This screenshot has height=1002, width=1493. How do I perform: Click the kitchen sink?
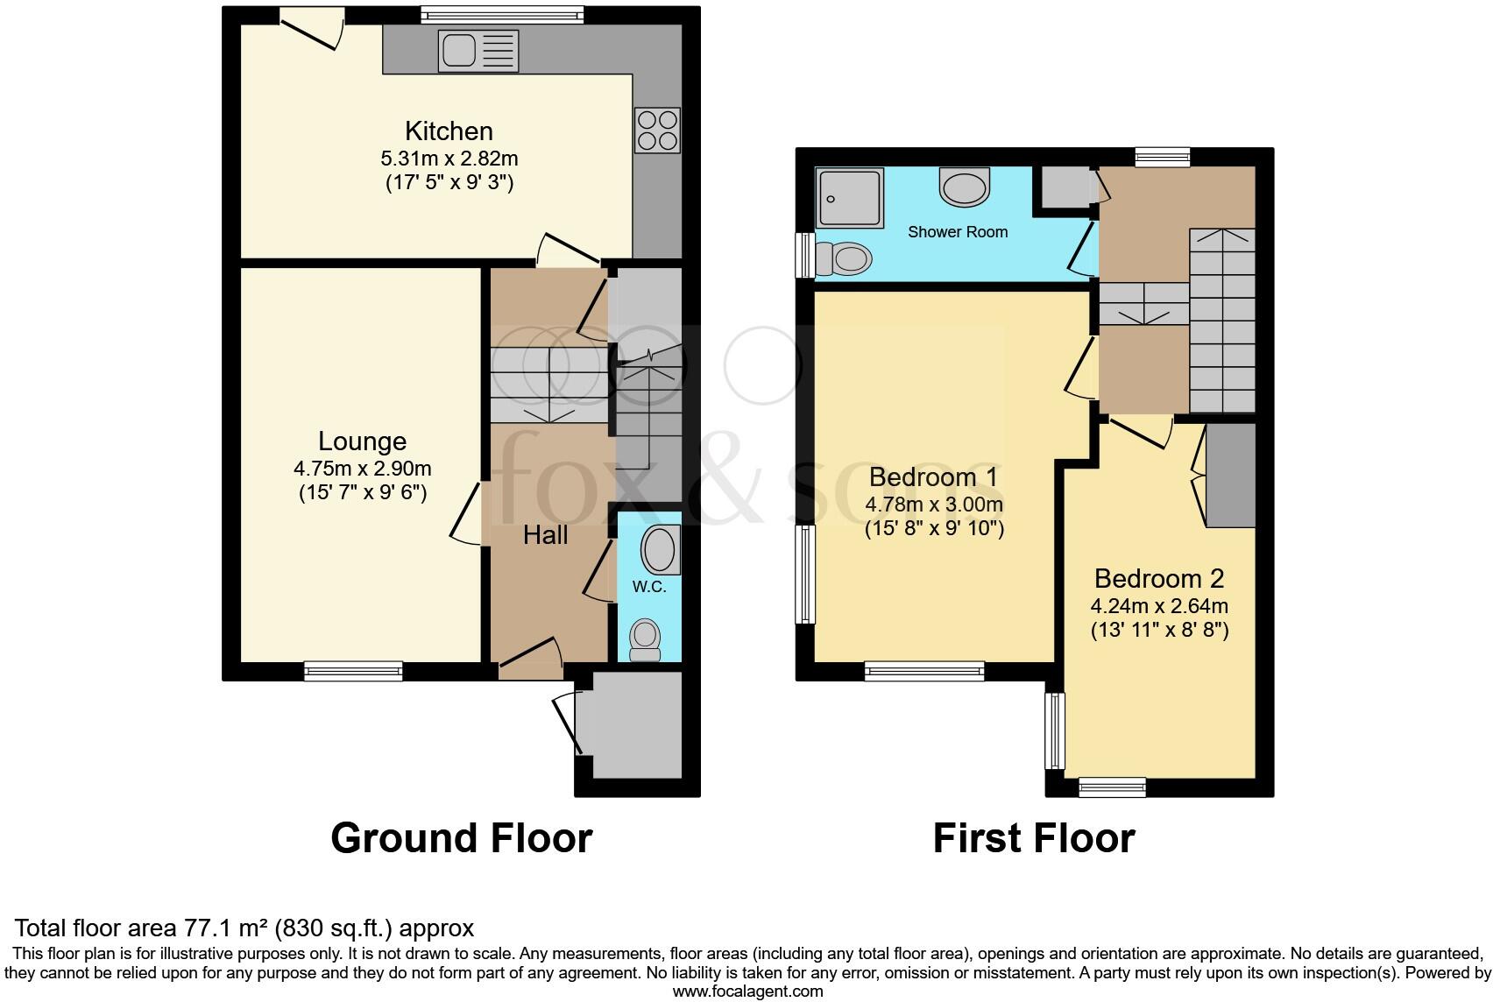pos(479,51)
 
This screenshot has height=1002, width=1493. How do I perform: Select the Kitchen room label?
pos(449,131)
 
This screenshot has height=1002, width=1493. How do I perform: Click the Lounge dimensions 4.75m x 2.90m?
pos(363,469)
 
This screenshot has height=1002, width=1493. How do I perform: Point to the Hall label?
pos(545,535)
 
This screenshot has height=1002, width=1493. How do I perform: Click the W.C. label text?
pos(649,587)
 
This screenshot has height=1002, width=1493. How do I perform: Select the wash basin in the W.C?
pos(660,550)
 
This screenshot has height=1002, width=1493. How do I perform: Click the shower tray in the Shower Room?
pos(849,199)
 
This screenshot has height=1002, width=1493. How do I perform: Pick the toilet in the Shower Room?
pos(843,258)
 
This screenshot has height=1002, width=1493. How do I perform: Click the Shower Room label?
pos(958,232)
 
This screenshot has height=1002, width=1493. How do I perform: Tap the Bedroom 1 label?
pos(934,477)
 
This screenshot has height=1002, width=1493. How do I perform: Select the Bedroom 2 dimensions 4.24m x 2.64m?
pos(1159,606)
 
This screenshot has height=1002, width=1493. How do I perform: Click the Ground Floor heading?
pos(462,838)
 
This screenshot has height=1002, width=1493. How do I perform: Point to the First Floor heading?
pos(1034,838)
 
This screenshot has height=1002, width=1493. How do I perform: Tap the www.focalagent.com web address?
pos(747,991)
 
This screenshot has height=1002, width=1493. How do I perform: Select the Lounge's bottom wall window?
pos(353,671)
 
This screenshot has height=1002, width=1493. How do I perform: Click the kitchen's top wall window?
pos(501,14)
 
